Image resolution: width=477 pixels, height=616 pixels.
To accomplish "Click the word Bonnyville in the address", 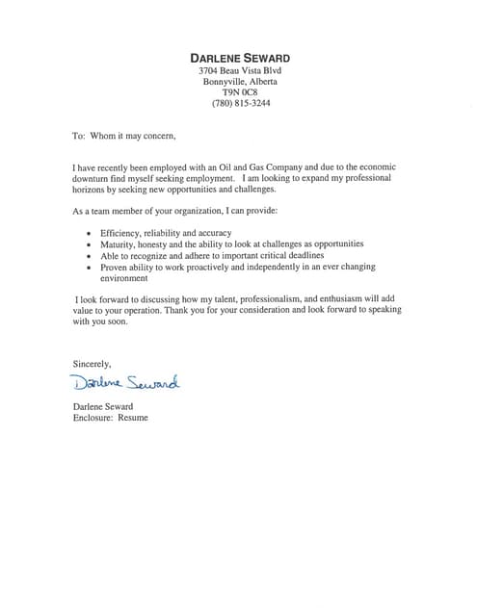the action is click(x=225, y=82).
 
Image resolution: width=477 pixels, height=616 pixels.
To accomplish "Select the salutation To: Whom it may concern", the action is click(x=125, y=137).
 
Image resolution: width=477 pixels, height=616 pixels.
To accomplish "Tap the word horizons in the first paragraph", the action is click(x=93, y=190).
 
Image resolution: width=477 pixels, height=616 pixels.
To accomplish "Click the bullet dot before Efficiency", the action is click(x=90, y=234).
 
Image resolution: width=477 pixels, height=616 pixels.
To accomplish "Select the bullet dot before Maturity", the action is click(x=90, y=245).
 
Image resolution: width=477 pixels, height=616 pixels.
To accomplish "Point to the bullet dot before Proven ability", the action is click(x=90, y=268).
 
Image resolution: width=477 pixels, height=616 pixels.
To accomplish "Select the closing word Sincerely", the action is click(x=93, y=363).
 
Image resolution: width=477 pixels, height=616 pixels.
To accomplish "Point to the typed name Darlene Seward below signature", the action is click(x=103, y=407).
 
